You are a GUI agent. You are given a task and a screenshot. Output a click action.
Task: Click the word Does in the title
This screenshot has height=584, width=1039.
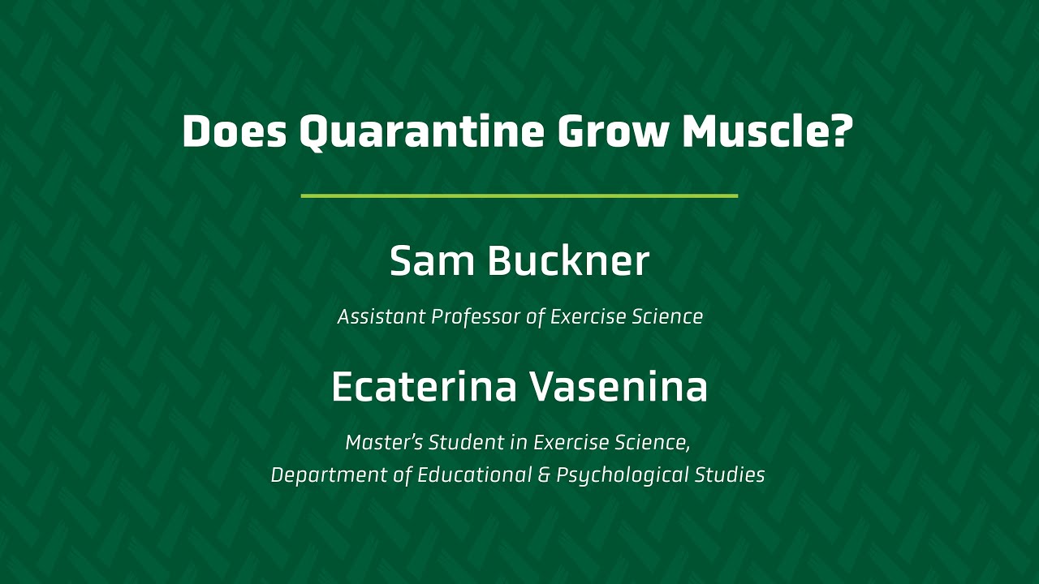coord(234,132)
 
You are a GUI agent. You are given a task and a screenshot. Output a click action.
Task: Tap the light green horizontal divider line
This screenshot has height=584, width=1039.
coord(519,195)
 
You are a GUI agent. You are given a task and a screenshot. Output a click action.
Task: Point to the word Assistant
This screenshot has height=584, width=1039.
coord(382,317)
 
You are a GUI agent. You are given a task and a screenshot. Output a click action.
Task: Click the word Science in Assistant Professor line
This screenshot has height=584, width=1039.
coord(667,317)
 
